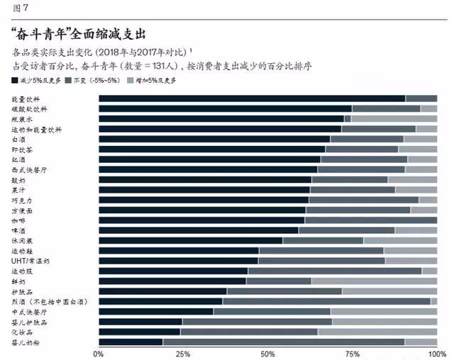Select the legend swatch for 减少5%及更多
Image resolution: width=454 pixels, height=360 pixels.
click(x=16, y=81)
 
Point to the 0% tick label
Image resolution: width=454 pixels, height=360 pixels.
click(x=99, y=352)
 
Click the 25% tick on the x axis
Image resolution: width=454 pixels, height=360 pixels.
click(x=183, y=352)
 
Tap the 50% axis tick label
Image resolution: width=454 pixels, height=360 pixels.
click(x=268, y=352)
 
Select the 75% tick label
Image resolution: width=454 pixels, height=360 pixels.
click(x=353, y=352)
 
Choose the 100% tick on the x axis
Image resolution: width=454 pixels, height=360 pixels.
click(x=436, y=352)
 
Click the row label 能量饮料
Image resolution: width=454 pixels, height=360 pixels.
click(x=26, y=98)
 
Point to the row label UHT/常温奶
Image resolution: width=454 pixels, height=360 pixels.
click(x=31, y=261)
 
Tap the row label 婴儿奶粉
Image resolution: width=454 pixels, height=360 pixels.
click(x=26, y=342)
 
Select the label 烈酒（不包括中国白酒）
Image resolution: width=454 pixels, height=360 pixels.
click(x=50, y=302)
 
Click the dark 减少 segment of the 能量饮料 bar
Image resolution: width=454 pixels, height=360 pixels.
click(x=252, y=98)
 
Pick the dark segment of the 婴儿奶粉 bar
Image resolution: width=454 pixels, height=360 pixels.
click(x=131, y=342)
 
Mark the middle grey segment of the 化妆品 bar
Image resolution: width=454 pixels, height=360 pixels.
click(x=249, y=332)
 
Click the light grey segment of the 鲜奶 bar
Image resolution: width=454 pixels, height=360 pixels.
click(x=374, y=281)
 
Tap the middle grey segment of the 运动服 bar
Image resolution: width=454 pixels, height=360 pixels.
click(x=335, y=271)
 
